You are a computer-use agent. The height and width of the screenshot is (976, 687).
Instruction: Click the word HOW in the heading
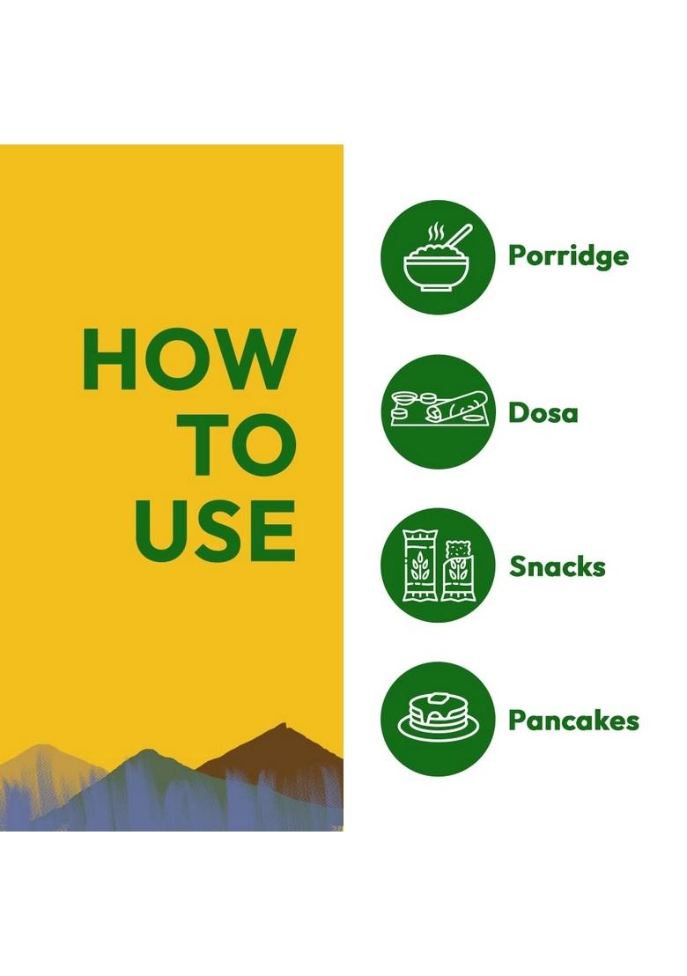coord(189,359)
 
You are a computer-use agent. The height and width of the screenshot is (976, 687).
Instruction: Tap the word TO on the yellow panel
coord(242,444)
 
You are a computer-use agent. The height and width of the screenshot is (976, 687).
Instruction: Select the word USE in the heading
coord(215,529)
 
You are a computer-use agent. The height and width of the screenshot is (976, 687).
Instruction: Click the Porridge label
coord(568,256)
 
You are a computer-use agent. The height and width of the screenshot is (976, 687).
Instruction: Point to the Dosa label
coord(543,412)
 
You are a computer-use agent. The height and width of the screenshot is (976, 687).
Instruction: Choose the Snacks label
coord(557,566)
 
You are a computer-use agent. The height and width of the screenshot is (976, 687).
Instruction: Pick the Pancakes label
coord(573,721)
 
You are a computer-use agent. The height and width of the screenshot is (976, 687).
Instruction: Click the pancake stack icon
coord(438,719)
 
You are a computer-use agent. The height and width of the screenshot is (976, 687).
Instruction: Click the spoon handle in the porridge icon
coord(460,236)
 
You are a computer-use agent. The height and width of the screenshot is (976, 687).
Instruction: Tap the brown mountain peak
coord(284,726)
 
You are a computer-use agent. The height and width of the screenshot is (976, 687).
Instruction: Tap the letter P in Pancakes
coord(519,721)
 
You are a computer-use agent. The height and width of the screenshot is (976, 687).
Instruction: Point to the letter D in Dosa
coord(519,412)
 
